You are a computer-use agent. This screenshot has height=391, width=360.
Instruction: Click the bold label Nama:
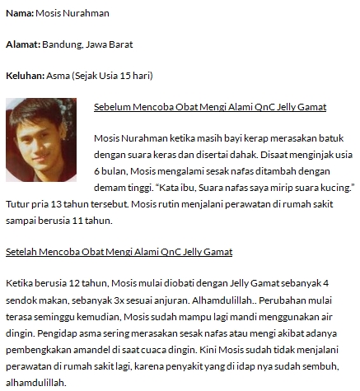pos(19,13)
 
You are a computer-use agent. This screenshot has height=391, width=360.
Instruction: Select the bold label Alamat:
pos(22,44)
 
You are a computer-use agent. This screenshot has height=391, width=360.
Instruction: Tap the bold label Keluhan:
pos(24,76)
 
